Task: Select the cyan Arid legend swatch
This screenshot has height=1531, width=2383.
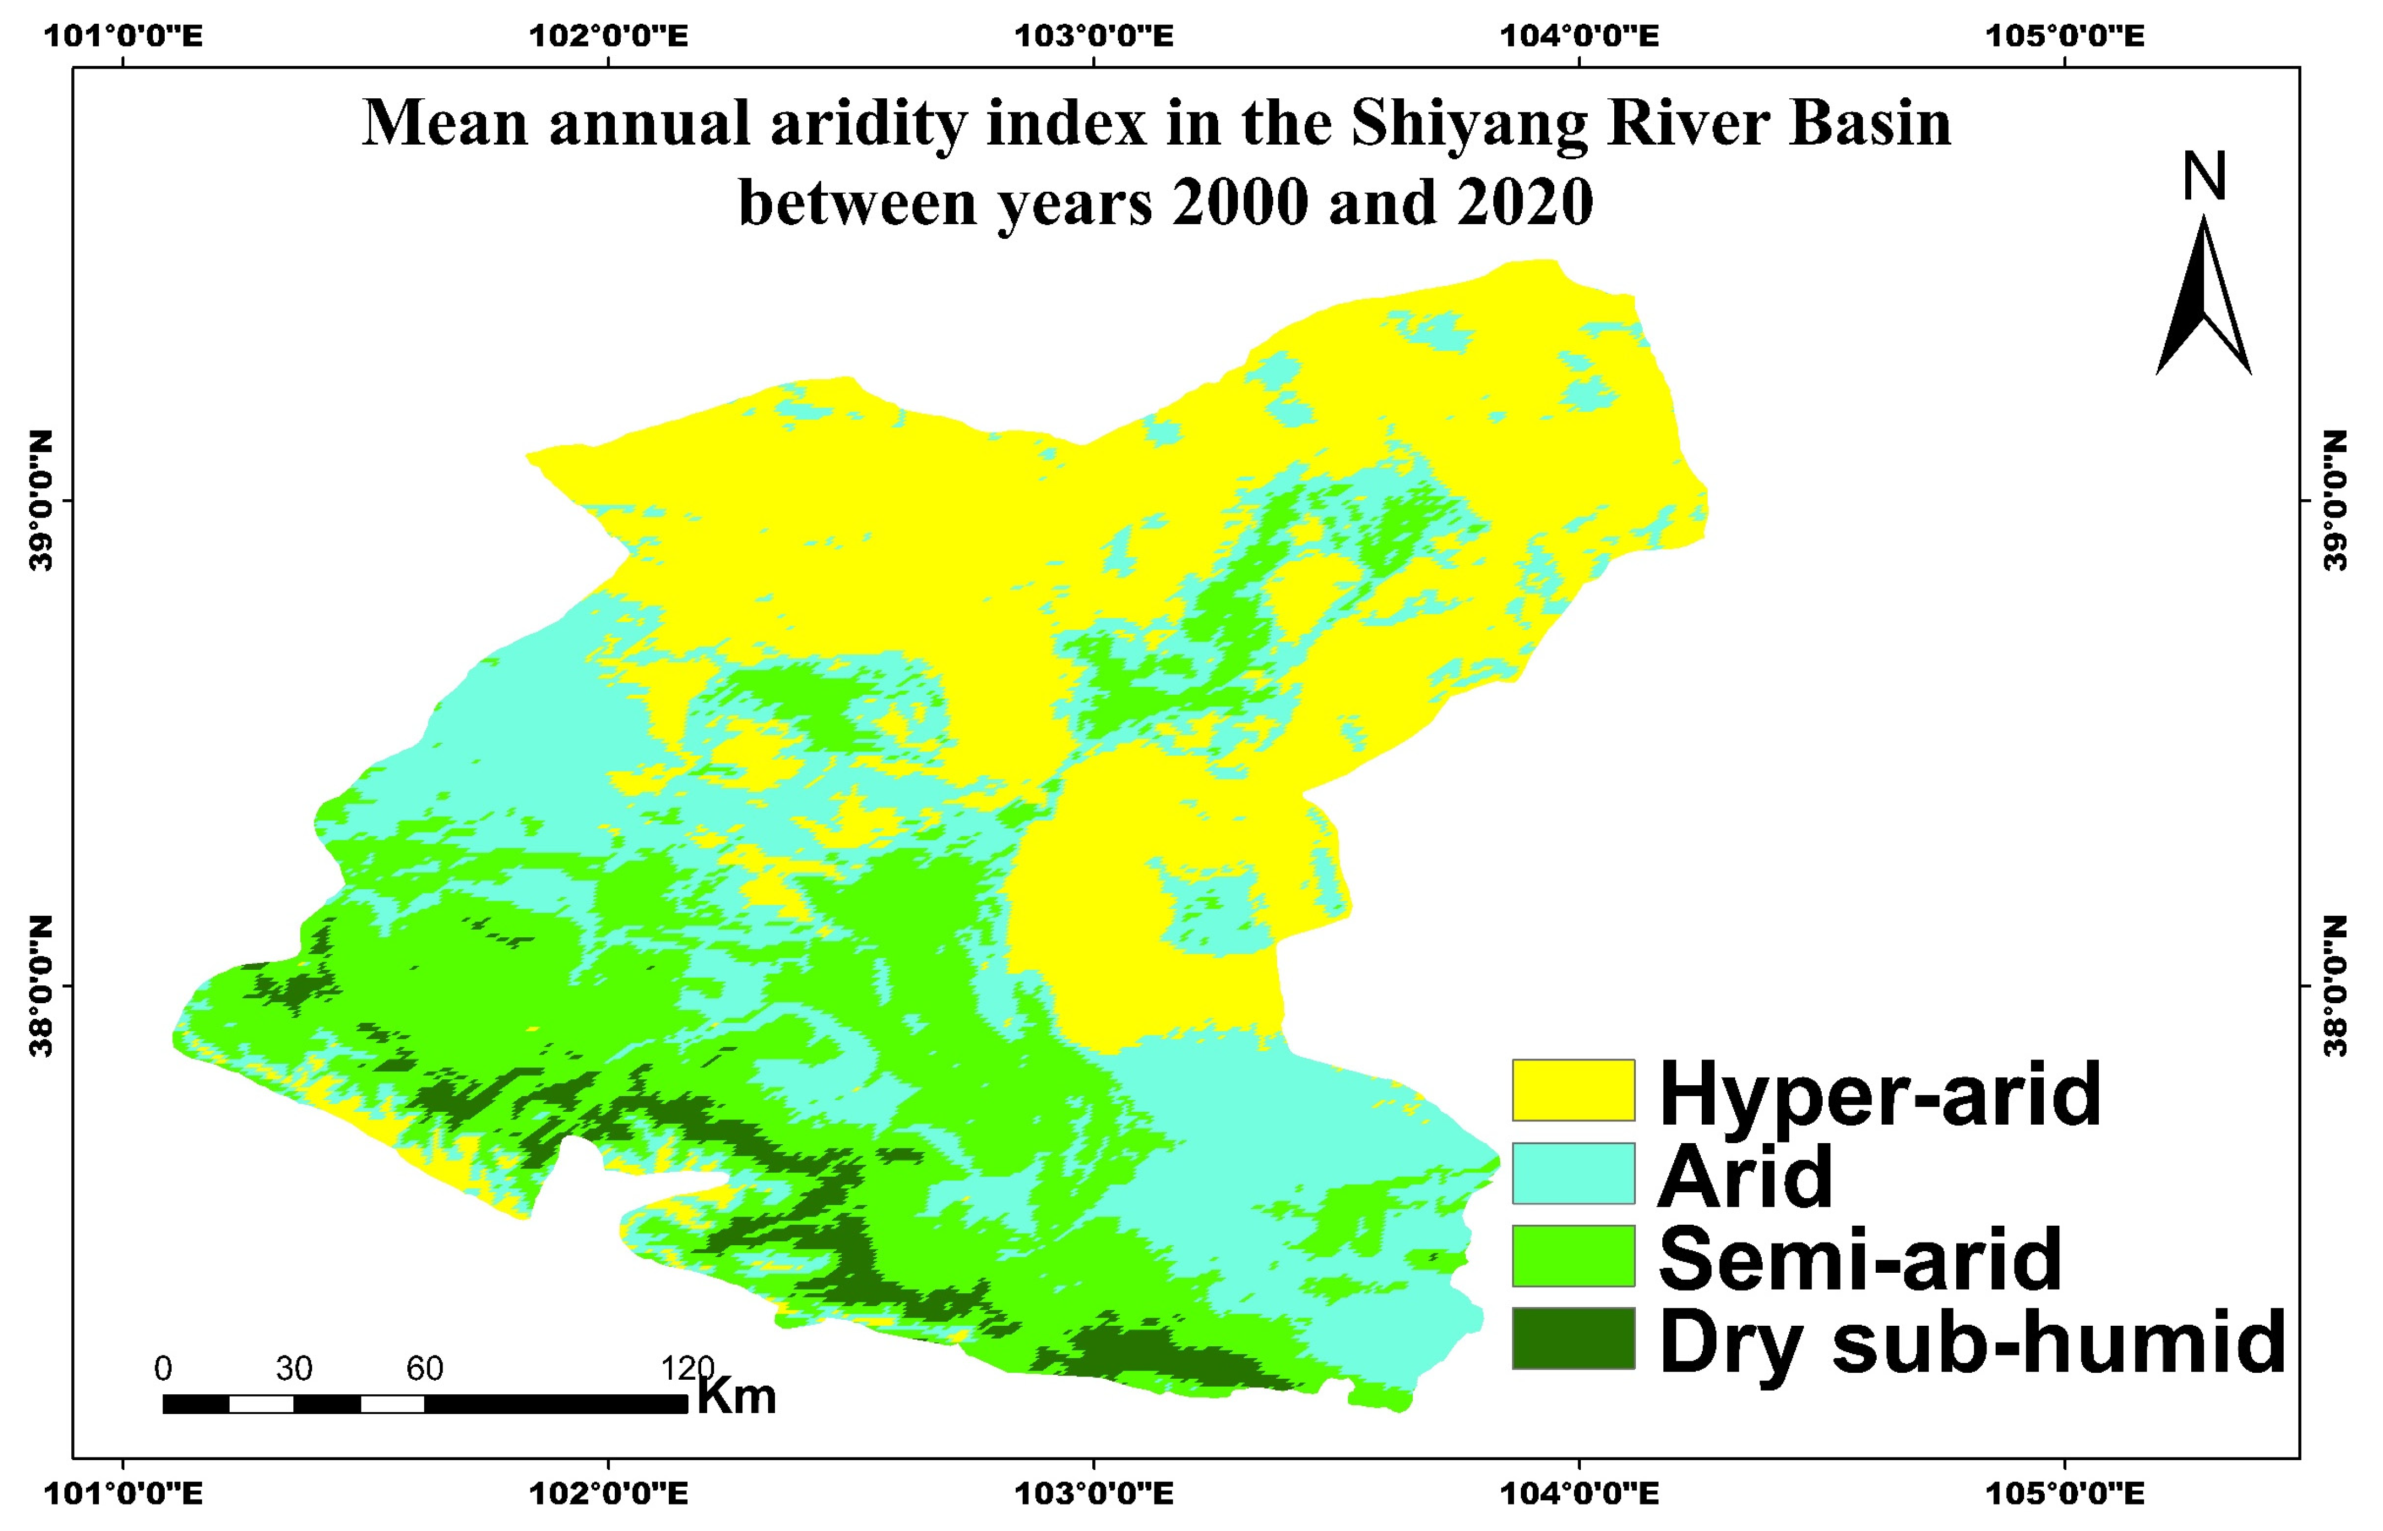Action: pos(1573,1173)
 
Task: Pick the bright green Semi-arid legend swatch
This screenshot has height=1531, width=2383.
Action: pos(1573,1255)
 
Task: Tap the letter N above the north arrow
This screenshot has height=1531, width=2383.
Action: pos(2203,177)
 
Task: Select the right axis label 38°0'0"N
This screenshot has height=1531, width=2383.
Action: pos(2337,986)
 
